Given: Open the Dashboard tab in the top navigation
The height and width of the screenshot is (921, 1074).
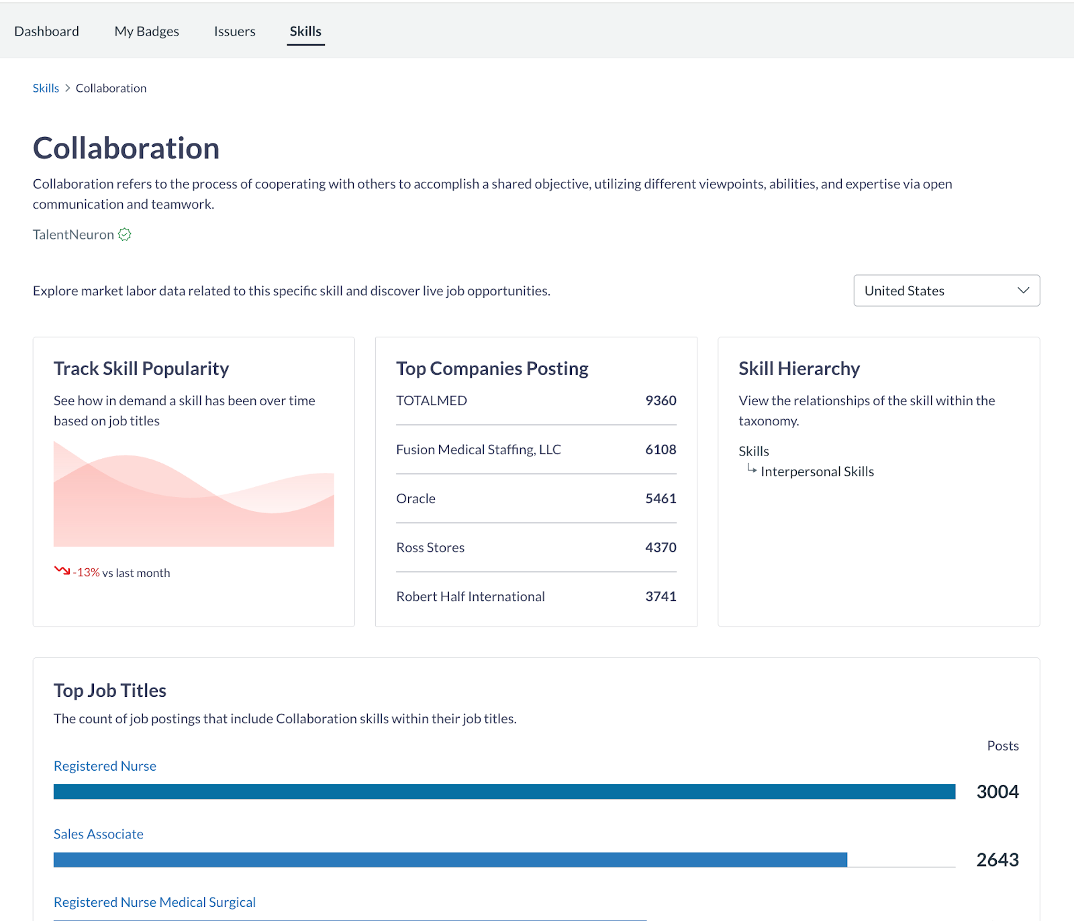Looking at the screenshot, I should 46,32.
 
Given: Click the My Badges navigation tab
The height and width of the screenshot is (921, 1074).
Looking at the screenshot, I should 146,32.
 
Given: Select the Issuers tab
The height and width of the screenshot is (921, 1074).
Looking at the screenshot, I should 234,32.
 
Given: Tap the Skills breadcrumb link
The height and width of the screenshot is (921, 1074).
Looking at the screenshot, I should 46,89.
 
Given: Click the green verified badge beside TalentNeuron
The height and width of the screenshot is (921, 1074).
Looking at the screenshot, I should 125,235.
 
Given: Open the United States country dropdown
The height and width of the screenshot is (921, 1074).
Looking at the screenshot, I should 946,290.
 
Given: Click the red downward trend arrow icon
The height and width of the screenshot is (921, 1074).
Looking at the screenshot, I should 62,571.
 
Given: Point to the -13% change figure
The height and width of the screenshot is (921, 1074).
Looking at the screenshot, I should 87,573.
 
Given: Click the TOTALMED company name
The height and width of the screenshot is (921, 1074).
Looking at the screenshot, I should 431,401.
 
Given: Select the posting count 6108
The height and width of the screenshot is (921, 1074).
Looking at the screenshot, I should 661,450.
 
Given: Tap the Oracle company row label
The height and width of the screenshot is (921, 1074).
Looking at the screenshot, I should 416,499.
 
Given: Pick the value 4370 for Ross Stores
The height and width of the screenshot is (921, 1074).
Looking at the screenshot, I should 661,548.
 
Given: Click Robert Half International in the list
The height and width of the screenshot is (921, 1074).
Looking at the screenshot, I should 470,597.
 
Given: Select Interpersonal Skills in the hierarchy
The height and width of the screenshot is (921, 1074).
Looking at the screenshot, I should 817,472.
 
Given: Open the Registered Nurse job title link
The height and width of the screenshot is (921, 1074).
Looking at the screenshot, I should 105,766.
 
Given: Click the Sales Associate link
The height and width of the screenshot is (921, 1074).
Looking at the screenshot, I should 99,834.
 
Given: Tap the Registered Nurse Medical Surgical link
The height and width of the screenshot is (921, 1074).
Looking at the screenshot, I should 154,903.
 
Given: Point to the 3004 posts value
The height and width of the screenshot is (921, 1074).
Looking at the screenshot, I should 997,792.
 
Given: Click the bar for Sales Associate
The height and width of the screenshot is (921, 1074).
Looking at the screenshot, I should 450,860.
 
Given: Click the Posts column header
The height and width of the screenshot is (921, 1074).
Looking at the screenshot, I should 1003,746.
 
